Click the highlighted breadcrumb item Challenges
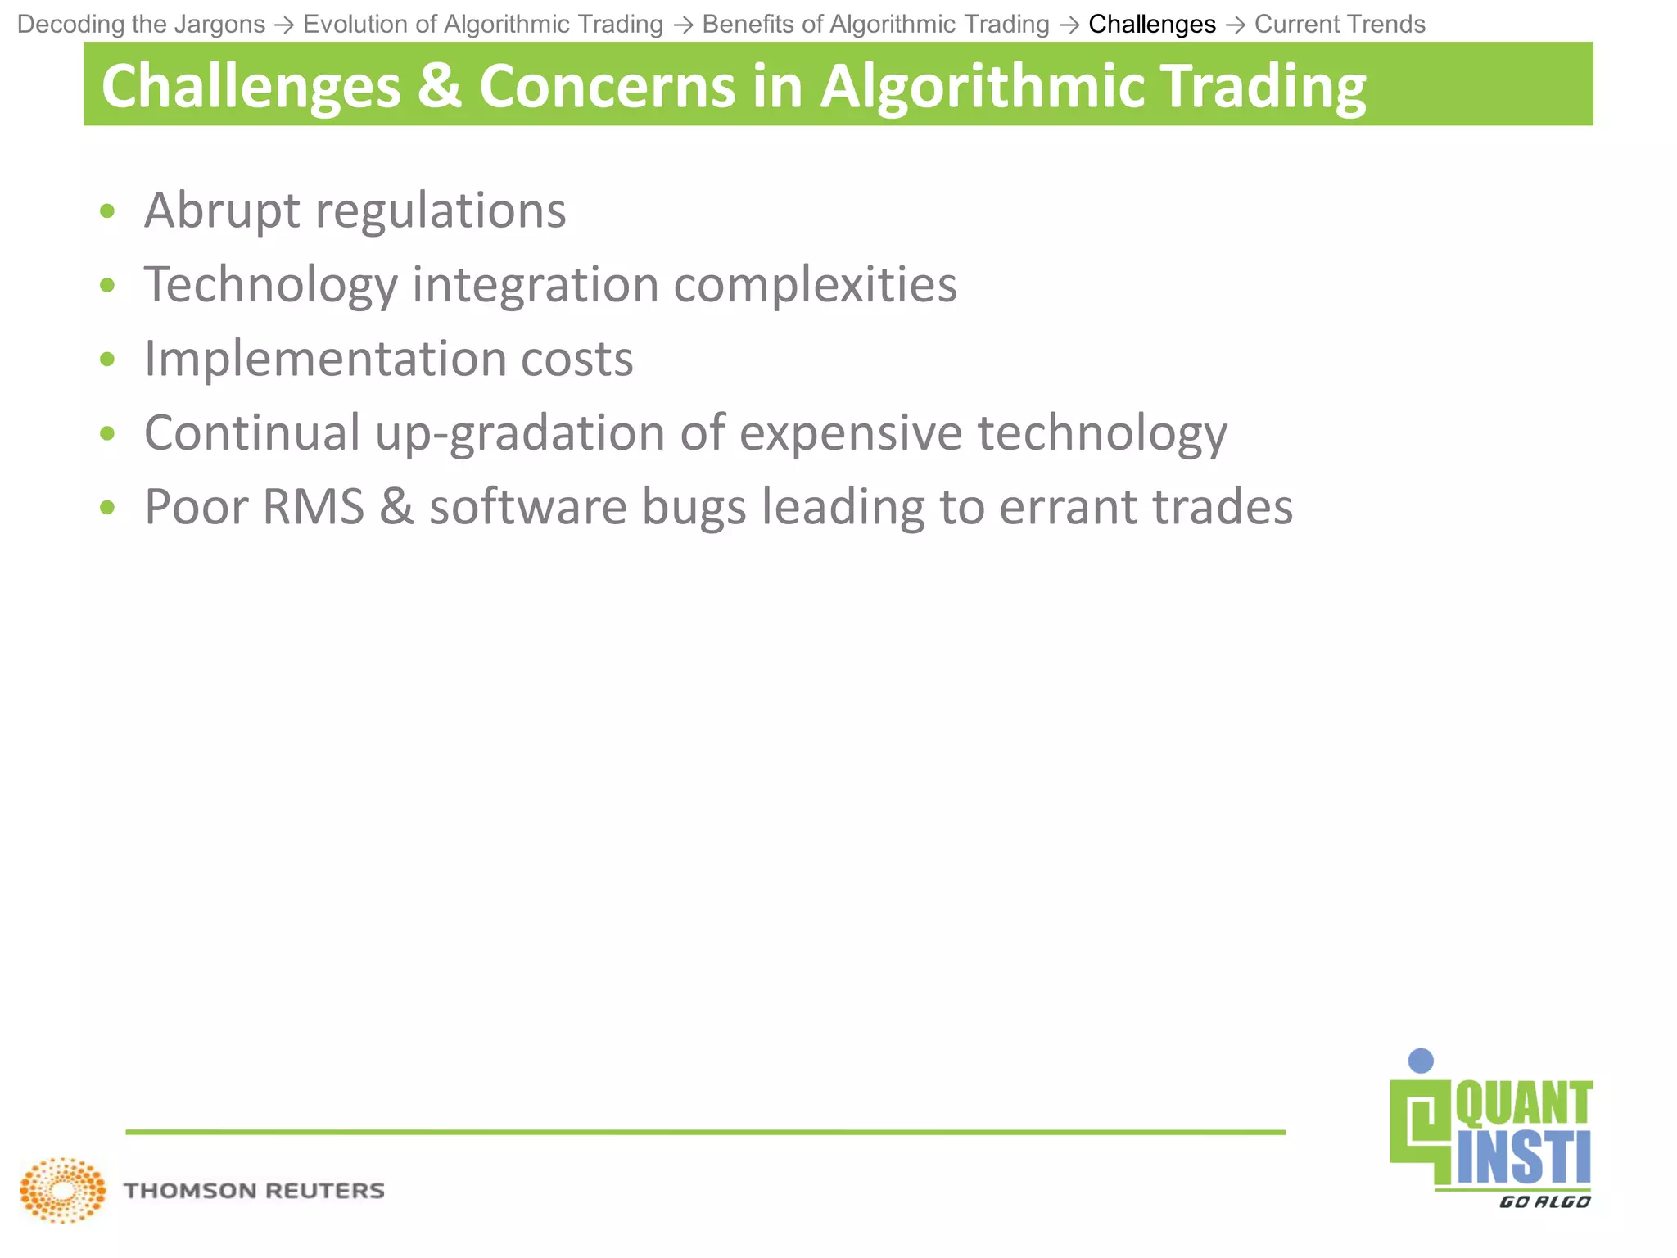click(x=1151, y=25)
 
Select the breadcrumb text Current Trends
click(x=1340, y=25)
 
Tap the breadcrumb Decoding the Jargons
click(x=141, y=25)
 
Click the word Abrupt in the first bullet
click(x=222, y=210)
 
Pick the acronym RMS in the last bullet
click(x=313, y=507)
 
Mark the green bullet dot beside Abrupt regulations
click(x=107, y=212)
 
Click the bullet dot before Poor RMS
click(x=107, y=509)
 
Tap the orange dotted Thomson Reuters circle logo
click(x=63, y=1190)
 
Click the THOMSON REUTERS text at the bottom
click(x=254, y=1191)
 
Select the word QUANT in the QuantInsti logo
click(x=1523, y=1104)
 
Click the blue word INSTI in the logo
click(x=1523, y=1158)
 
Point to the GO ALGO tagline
click(x=1544, y=1201)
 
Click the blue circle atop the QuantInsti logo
click(x=1421, y=1061)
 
